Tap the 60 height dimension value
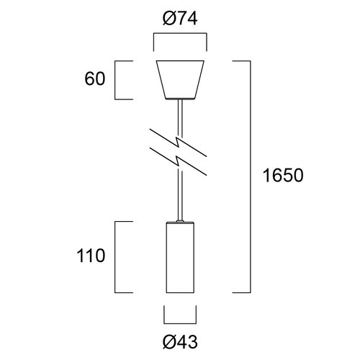tap(95, 79)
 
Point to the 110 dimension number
tap(94, 255)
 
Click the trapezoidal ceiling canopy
tap(180, 79)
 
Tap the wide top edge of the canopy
tap(180, 61)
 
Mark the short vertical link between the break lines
tap(179, 150)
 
